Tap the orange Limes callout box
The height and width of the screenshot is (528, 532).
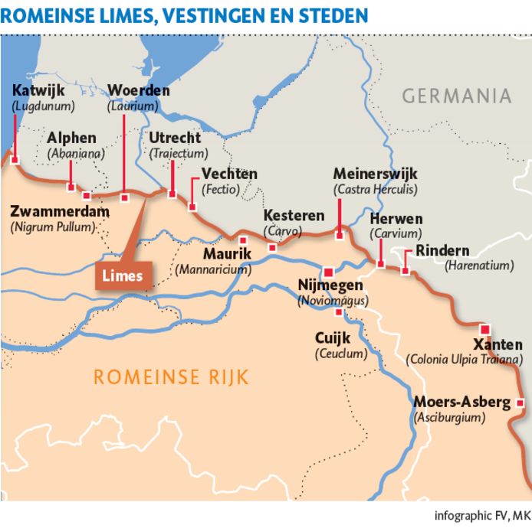point(123,275)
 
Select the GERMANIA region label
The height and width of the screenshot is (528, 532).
point(456,96)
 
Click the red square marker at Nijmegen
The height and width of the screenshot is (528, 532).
point(329,272)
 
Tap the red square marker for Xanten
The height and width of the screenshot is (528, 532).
point(484,329)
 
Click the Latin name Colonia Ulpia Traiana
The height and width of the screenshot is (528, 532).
point(465,359)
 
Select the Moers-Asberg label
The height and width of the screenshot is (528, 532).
point(461,403)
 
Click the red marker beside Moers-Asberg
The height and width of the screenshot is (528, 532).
point(521,403)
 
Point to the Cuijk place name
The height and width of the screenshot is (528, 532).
point(333,338)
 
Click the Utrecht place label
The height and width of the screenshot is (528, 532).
point(175,139)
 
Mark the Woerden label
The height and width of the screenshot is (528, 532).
point(139,91)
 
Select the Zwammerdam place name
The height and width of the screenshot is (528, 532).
point(61,212)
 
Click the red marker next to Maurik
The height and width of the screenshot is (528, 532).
point(243,240)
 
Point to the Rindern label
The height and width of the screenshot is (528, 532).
point(442,251)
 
